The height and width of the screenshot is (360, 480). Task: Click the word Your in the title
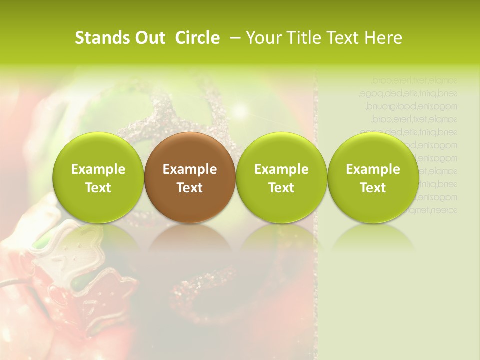pyautogui.click(x=264, y=38)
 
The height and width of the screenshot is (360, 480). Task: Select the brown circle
pyautogui.click(x=190, y=178)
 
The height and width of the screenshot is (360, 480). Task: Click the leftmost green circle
pyautogui.click(x=98, y=178)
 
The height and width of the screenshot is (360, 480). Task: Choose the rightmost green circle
pyautogui.click(x=373, y=178)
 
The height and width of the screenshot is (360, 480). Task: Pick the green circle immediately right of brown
pyautogui.click(x=281, y=178)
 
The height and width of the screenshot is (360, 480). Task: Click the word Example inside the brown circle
pyautogui.click(x=190, y=169)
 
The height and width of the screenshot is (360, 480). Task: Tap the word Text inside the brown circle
pyautogui.click(x=190, y=188)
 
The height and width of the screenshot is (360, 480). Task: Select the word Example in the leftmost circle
pyautogui.click(x=98, y=169)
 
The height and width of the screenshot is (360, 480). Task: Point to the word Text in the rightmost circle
pyautogui.click(x=373, y=188)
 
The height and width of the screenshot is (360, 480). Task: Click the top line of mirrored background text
pyautogui.click(x=415, y=80)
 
